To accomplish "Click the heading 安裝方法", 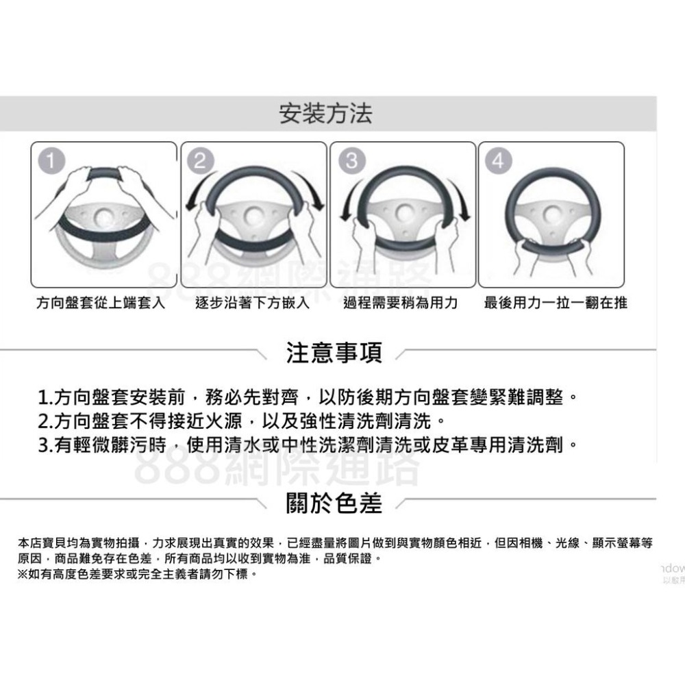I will (327, 114).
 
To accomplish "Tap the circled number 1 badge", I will (49, 161).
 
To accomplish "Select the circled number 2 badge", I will (199, 161).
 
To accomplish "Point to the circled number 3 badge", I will (351, 161).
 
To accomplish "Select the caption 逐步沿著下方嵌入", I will (251, 303).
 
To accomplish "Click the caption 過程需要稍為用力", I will (401, 303).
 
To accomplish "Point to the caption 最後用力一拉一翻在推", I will (555, 303).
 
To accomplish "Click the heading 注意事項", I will (334, 354).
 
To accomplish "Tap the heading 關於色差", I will (334, 503).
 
